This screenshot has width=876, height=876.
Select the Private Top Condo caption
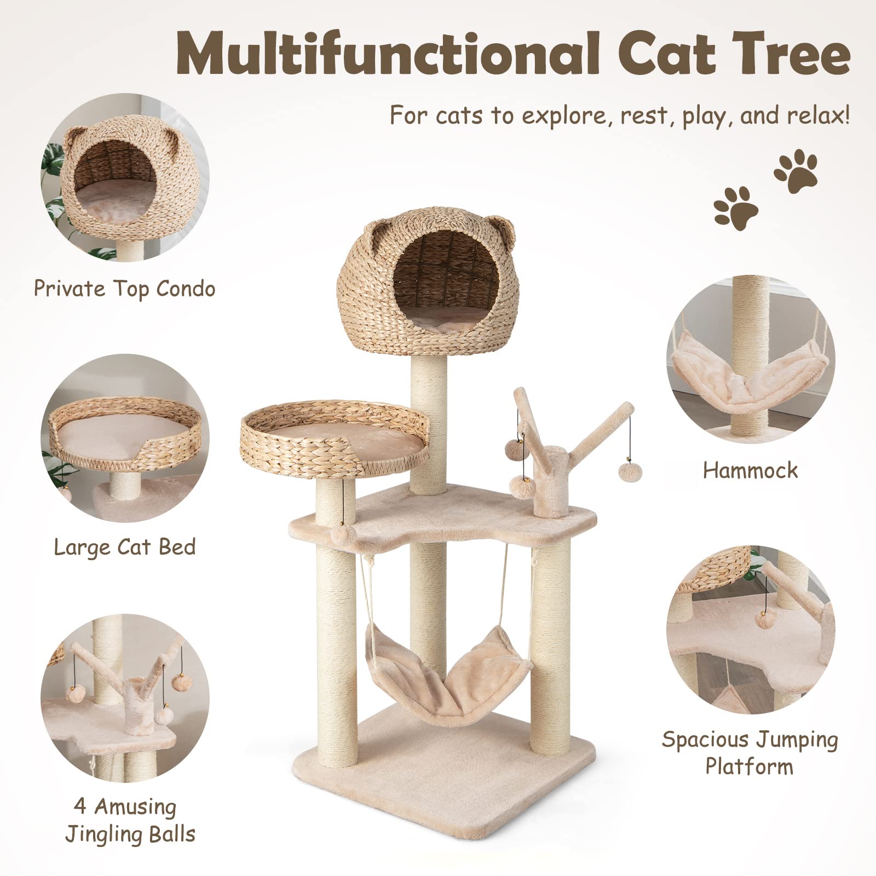click(x=125, y=289)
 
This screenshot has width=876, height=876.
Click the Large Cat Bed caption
click(x=125, y=546)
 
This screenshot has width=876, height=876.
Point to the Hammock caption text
click(x=750, y=470)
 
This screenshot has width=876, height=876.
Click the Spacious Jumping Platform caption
click(x=750, y=752)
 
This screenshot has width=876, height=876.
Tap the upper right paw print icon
click(x=796, y=171)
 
